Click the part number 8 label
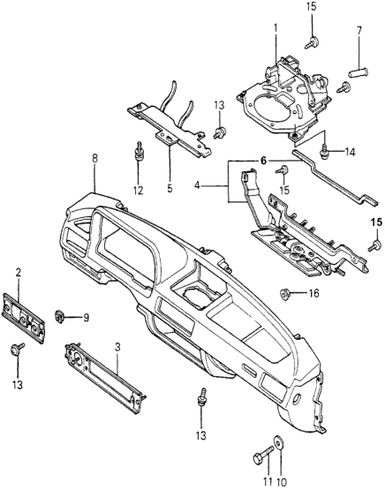[94, 158]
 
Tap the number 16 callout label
[313, 293]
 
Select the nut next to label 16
[284, 293]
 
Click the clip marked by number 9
[58, 317]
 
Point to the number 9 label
[86, 318]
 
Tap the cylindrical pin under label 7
[358, 73]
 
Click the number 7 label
[359, 31]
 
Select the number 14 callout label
[350, 153]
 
